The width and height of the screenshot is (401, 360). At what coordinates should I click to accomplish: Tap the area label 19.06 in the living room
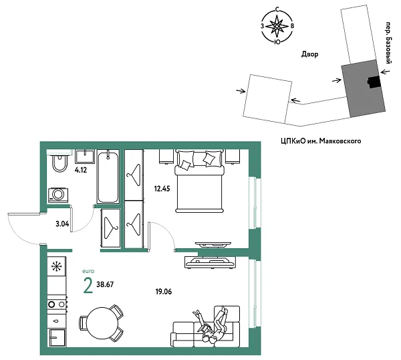[164, 292]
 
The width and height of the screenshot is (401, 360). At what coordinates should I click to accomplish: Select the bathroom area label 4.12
[82, 171]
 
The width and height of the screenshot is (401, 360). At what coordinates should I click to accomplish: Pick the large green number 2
[88, 286]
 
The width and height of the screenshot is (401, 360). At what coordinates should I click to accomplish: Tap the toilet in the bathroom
[58, 164]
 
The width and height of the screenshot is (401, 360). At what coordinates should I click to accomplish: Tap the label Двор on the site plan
[309, 54]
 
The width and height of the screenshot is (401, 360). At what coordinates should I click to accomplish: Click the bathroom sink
[85, 157]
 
